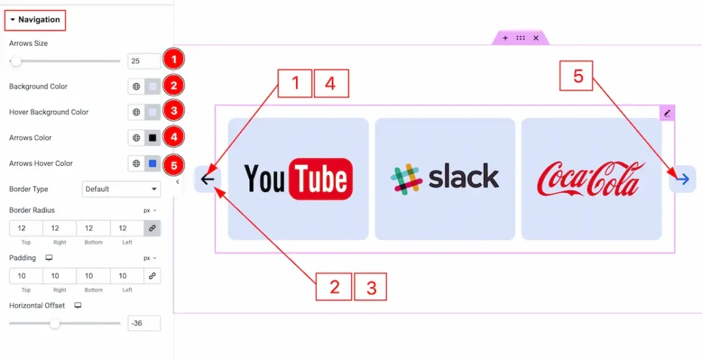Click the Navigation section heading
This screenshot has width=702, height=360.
tap(35, 20)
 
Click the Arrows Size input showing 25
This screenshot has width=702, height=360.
tap(144, 61)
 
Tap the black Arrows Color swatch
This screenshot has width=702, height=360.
tap(153, 138)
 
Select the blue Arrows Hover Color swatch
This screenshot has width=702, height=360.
tap(153, 164)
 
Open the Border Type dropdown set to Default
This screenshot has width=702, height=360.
tap(121, 189)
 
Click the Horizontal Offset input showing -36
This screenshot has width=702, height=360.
tap(144, 323)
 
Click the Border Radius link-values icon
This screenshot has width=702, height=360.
tap(152, 228)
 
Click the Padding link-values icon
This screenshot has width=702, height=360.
tap(152, 276)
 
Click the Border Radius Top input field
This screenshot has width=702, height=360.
tap(25, 228)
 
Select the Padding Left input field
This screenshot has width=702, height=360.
tap(127, 276)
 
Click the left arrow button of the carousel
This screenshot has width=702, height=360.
tap(207, 179)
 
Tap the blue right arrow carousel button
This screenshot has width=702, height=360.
tap(682, 179)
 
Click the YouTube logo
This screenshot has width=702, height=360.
tap(298, 179)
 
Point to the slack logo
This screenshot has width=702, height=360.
tap(445, 179)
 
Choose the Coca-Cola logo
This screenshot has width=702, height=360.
tap(591, 179)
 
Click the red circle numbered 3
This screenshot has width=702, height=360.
tap(173, 111)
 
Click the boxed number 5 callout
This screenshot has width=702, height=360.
tap(578, 76)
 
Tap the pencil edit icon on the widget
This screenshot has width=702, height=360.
tap(667, 113)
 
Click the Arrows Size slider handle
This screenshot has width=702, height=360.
tap(16, 61)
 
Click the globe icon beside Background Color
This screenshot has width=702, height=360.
tap(136, 87)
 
